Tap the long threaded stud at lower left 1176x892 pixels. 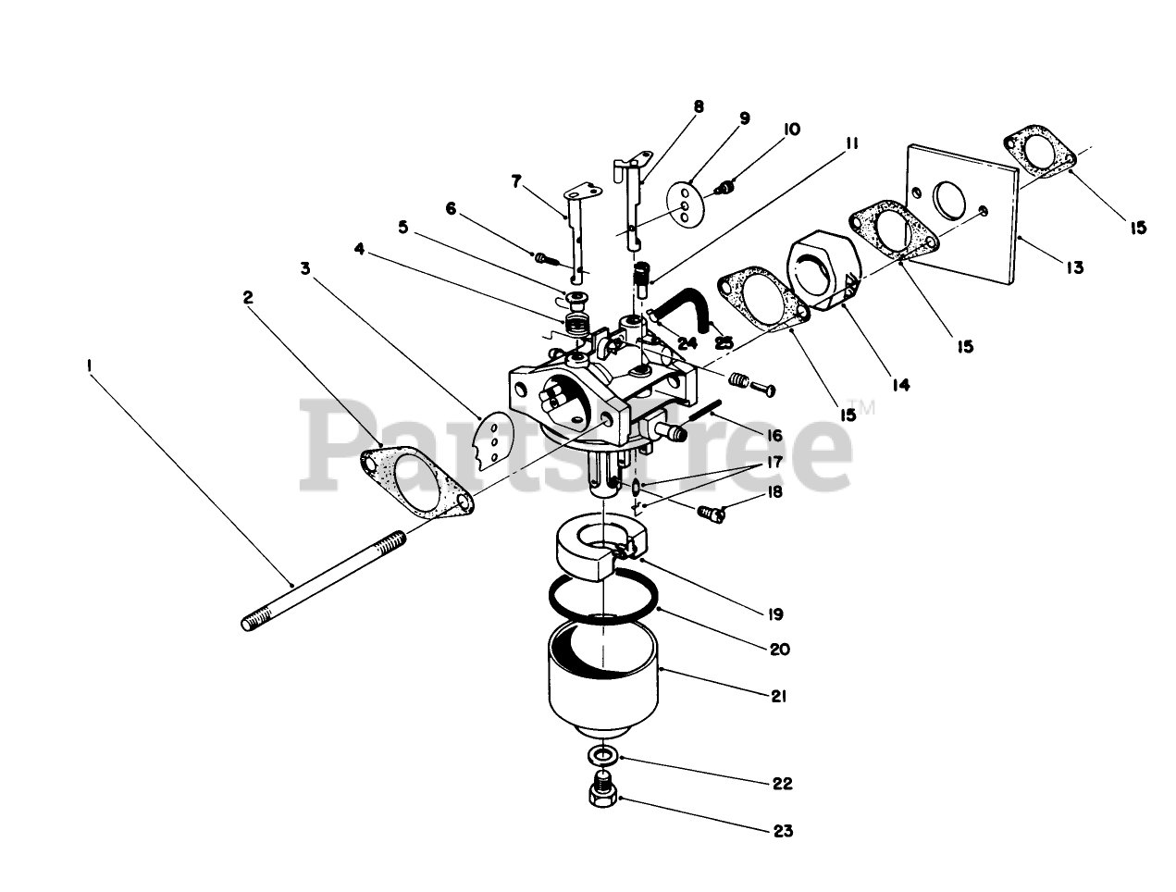click(324, 579)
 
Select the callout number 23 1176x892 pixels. click(783, 831)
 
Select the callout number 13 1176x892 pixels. click(1072, 268)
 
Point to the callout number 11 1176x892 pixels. click(851, 144)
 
